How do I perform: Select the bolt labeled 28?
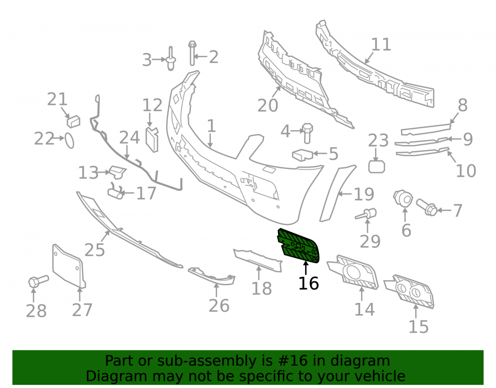click(38, 281)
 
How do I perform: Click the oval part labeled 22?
click(69, 141)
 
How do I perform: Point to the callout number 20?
click(268, 105)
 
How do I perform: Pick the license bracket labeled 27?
click(68, 267)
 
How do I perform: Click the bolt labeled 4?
click(307, 133)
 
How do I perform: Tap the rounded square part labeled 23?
click(376, 166)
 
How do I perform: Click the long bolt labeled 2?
click(192, 53)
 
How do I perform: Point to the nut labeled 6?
click(403, 198)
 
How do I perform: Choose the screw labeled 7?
click(427, 207)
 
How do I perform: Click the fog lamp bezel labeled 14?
click(353, 272)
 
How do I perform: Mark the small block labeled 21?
click(73, 122)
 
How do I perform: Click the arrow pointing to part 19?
click(345, 193)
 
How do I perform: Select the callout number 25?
click(95, 250)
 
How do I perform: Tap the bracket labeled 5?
click(303, 155)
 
